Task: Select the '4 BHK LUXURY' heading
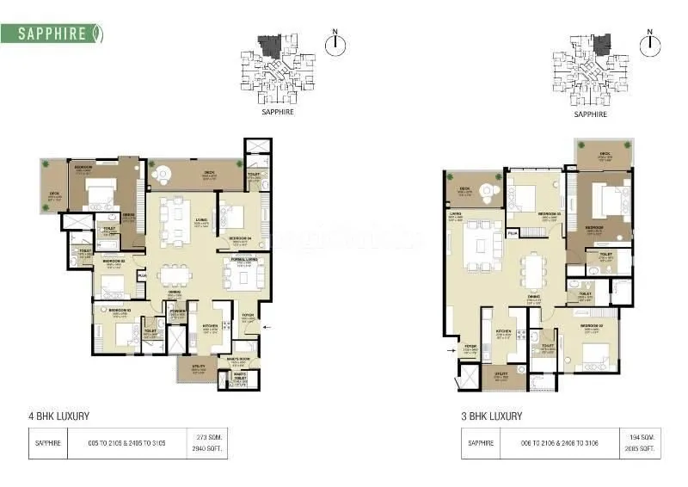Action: point(59,416)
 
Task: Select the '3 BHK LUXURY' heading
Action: point(491,416)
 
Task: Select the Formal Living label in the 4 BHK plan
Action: point(243,262)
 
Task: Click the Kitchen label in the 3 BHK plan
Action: point(503,333)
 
